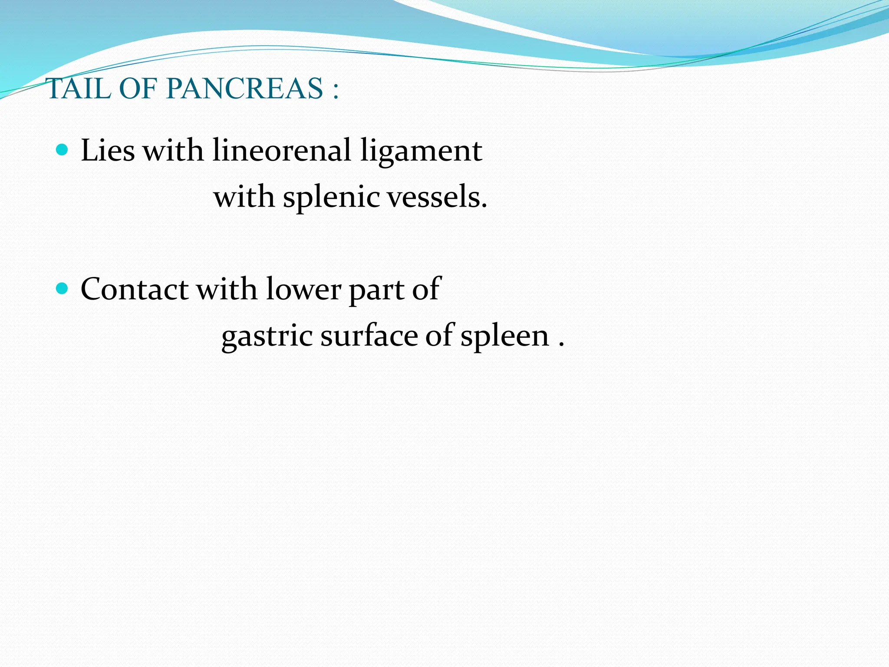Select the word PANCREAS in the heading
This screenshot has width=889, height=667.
(244, 89)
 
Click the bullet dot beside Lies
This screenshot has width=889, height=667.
(63, 150)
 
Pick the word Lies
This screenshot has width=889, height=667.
(108, 150)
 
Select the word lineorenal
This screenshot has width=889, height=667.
(281, 150)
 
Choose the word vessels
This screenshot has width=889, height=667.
(437, 197)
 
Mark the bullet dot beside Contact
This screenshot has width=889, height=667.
(63, 288)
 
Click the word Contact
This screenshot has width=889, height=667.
(135, 289)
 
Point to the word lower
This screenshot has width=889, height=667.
(303, 290)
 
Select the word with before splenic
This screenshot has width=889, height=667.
(244, 197)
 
